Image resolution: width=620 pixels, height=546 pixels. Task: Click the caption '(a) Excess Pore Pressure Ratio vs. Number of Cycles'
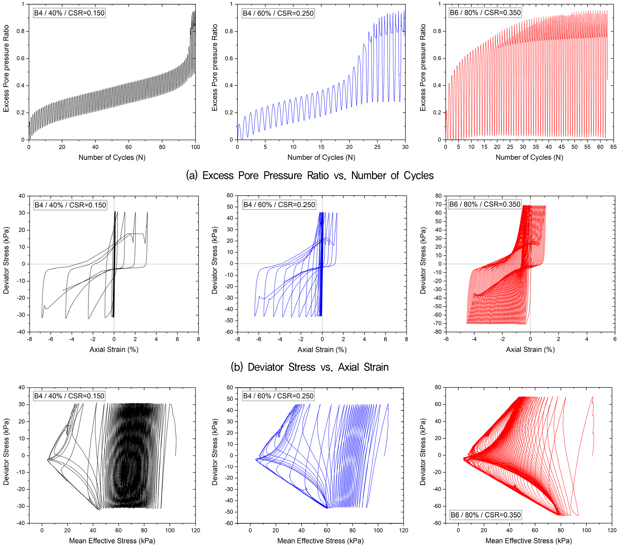(x=310, y=175)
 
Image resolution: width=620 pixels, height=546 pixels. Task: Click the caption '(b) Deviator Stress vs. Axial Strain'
(x=310, y=367)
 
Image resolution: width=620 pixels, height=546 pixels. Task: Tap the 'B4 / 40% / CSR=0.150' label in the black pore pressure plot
(x=69, y=13)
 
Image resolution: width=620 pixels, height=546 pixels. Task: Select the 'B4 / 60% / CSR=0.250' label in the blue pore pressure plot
(x=278, y=13)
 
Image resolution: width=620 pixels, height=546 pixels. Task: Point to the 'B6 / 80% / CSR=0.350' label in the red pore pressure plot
(x=485, y=13)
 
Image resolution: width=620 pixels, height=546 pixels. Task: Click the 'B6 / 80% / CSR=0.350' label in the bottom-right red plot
(x=486, y=515)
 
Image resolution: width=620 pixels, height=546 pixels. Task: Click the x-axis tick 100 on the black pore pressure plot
(x=195, y=147)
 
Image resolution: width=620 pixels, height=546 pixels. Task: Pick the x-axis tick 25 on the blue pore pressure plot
(x=377, y=147)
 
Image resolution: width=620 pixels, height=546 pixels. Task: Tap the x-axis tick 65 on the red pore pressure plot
(x=613, y=147)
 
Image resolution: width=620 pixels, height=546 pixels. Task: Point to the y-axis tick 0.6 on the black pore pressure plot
(x=20, y=58)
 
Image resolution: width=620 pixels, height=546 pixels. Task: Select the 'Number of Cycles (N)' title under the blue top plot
(x=321, y=157)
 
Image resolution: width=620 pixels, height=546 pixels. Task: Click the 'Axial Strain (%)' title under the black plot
(x=114, y=349)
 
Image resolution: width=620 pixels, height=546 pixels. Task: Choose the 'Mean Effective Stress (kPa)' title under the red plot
(x=529, y=541)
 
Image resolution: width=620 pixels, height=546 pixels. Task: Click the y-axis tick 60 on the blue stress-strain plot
(x=230, y=195)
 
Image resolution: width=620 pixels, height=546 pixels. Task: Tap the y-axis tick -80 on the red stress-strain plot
(x=438, y=332)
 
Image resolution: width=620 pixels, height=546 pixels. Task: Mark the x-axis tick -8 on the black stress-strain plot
(x=29, y=339)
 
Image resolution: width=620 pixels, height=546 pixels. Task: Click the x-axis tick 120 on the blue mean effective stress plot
(x=404, y=530)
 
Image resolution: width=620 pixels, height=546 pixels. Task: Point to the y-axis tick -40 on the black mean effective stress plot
(x=21, y=523)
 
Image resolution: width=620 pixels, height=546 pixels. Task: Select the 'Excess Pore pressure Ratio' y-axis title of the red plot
(x=423, y=68)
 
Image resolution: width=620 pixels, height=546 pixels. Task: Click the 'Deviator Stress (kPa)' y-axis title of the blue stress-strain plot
(x=215, y=260)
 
